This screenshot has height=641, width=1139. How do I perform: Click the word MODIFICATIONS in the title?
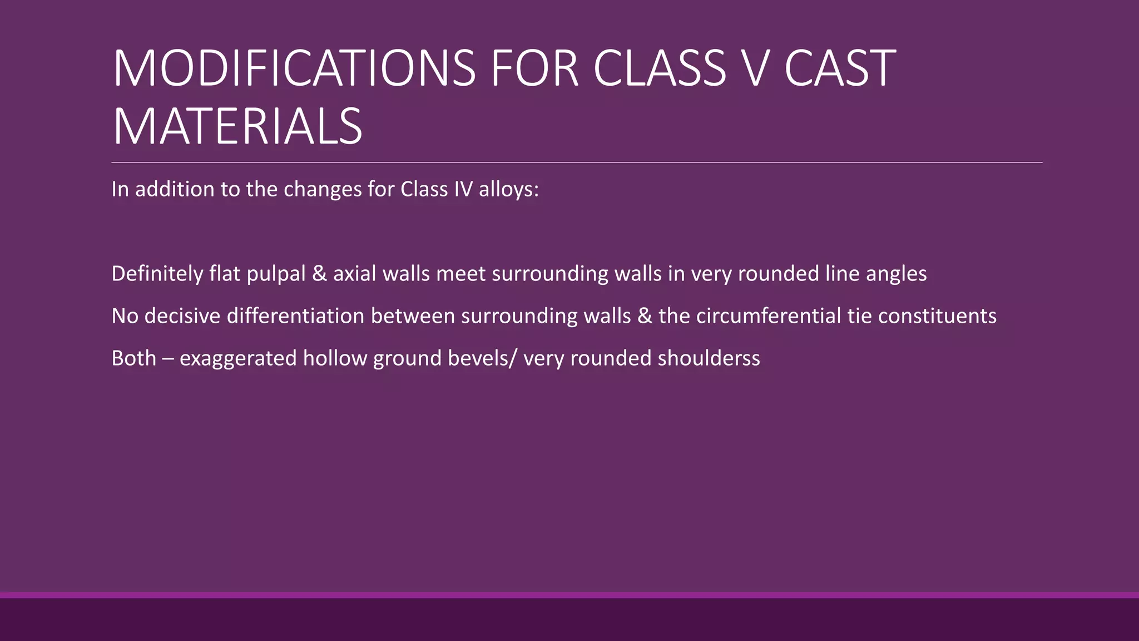tap(294, 68)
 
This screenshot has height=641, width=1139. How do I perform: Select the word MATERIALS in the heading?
tap(237, 127)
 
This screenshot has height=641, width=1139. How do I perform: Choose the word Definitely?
tap(157, 274)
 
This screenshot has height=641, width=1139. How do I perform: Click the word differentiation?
tap(295, 316)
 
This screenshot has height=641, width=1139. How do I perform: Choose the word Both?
tap(133, 358)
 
